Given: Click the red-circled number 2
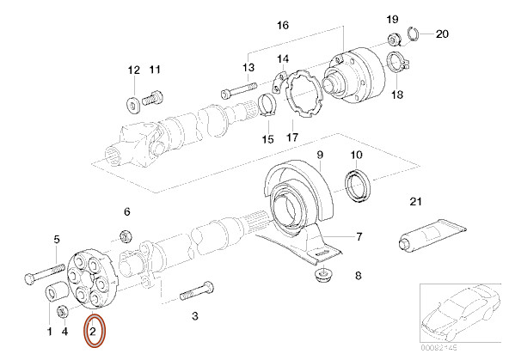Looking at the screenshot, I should click(x=93, y=330).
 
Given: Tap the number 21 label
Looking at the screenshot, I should click(x=416, y=203).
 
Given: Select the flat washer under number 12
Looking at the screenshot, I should click(x=133, y=104).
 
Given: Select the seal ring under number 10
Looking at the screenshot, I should click(x=356, y=185).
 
